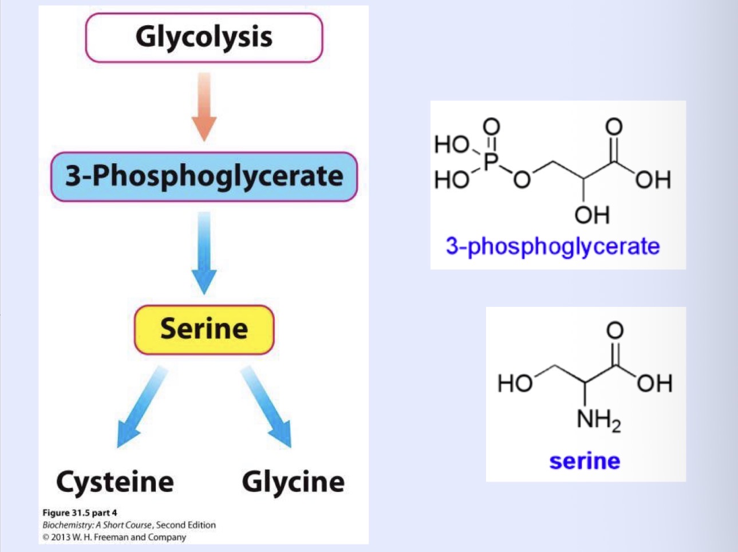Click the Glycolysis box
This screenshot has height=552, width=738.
coord(204,37)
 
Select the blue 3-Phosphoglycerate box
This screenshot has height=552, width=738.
coord(204,176)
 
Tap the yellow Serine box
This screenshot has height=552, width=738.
coord(204,329)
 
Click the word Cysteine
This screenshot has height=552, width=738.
coord(115,482)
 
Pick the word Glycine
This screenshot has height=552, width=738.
coord(293,482)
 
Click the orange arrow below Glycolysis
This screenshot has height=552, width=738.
coord(204,107)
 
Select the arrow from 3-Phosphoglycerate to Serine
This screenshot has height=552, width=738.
coord(204,253)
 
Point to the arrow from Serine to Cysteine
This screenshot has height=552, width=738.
coord(140,407)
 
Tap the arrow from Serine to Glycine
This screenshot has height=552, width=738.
coord(268,407)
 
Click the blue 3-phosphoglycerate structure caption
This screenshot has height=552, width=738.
coord(552,246)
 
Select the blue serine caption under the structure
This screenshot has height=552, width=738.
coord(585,461)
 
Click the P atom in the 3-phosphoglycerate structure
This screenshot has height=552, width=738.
coord(490,161)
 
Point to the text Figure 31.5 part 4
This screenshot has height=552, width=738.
coord(80,512)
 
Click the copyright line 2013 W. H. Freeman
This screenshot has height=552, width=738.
coord(114,537)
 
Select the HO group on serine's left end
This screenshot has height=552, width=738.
coord(515,383)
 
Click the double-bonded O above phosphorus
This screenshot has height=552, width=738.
coord(491,126)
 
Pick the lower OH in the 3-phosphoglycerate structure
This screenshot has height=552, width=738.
coord(592,215)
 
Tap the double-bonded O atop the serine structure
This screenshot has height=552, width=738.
coord(614,330)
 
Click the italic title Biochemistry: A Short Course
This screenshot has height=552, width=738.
coord(97,525)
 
